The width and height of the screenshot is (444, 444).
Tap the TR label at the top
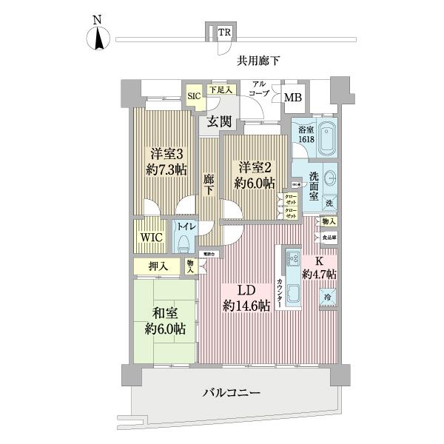pyautogui.click(x=223, y=32)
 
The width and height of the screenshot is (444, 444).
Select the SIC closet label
pyautogui.click(x=193, y=95)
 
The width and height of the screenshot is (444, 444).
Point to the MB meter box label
pyautogui.click(x=293, y=97)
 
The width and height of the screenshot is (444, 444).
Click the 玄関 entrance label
pyautogui.click(x=219, y=121)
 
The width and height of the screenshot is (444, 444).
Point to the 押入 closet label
pyautogui.click(x=158, y=265)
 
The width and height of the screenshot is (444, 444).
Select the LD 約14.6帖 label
pyautogui.click(x=246, y=297)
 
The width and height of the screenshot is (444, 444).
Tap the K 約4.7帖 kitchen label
pyautogui.click(x=320, y=266)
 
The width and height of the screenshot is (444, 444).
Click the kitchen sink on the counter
pyautogui.click(x=290, y=260)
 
